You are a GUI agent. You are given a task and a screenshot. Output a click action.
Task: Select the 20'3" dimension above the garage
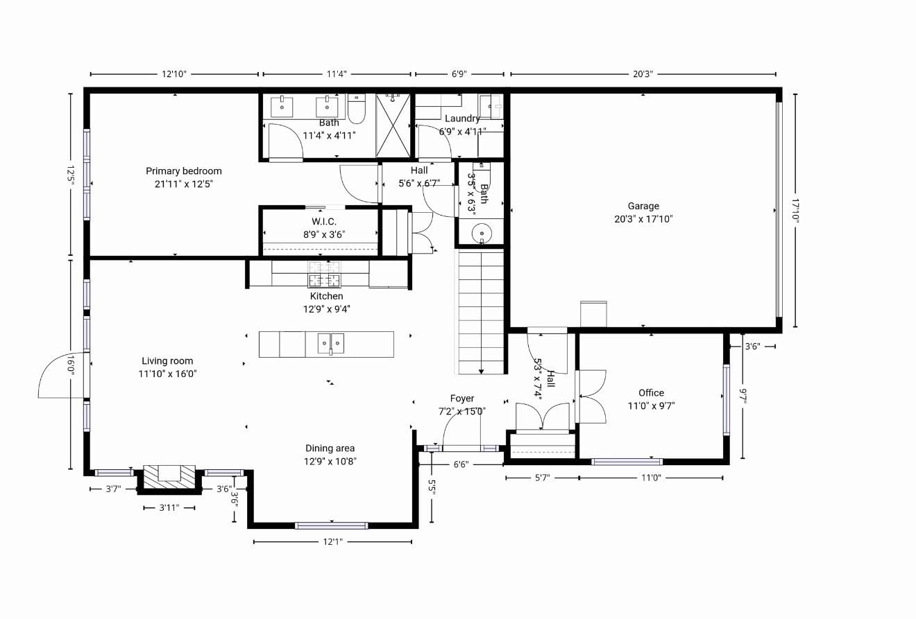click(643, 74)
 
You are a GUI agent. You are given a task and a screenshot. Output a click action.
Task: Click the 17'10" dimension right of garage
click(795, 211)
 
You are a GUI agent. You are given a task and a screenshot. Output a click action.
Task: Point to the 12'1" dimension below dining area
click(332, 542)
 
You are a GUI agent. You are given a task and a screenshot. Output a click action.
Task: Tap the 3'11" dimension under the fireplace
click(169, 508)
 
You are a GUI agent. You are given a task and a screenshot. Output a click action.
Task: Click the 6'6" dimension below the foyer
click(461, 464)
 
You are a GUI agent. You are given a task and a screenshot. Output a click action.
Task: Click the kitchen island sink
click(331, 343)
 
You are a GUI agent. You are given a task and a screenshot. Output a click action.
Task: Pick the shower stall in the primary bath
click(393, 125)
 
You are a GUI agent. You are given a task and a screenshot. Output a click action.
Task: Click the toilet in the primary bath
click(357, 108)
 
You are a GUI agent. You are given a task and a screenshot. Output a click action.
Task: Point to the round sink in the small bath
click(482, 234)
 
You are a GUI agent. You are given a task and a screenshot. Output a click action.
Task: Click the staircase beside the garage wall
click(481, 313)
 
